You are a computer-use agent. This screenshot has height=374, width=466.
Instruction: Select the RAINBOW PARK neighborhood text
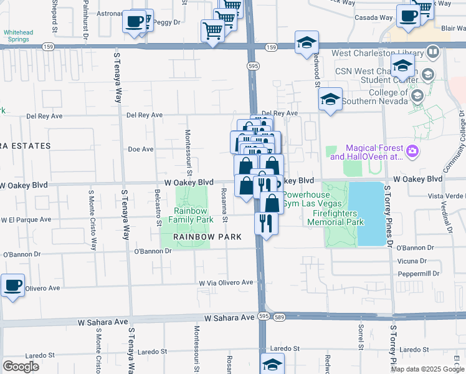[x=199, y=237]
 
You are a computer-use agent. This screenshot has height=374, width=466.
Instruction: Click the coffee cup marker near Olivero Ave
[x=12, y=286]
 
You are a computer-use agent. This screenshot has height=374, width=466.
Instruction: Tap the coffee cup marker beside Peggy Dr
[x=135, y=22]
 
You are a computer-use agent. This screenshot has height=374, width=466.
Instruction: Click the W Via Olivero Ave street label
[x=226, y=282]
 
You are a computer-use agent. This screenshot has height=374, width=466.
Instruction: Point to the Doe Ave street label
[x=140, y=149]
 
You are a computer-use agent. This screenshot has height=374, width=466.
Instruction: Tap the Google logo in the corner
[x=21, y=367]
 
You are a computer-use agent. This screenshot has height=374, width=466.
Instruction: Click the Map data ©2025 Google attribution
[x=427, y=369]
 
